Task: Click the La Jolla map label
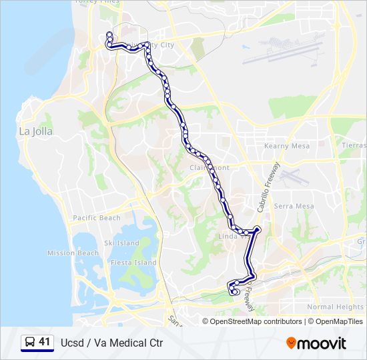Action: coord(35,131)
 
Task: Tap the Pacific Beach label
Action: coord(97,218)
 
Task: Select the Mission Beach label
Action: coord(73,253)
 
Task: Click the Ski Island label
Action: coord(121,243)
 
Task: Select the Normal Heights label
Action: coord(335,307)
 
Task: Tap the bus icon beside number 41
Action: coord(29,343)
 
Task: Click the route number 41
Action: coord(45,342)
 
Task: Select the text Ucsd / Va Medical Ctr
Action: coord(112,343)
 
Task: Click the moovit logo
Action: coord(316,343)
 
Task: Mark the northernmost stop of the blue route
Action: coord(109,35)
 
